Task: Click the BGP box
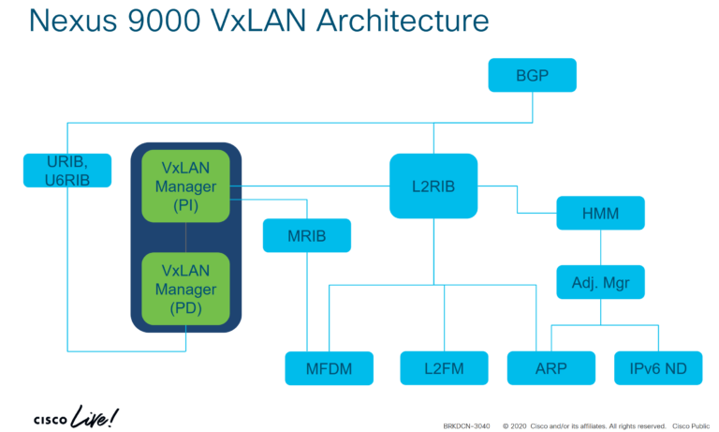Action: tap(532, 75)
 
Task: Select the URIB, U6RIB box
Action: tap(67, 170)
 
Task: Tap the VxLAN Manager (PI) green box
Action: tap(185, 186)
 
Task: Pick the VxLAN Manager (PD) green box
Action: tap(185, 288)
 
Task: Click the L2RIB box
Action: tap(433, 186)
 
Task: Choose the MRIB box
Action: tap(306, 235)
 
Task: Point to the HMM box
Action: tap(600, 214)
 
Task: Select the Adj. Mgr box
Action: tap(600, 281)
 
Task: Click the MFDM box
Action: tap(329, 368)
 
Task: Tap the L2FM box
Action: tap(445, 368)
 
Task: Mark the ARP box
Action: tap(550, 368)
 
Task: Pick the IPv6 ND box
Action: tap(658, 368)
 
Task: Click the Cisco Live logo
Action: tap(76, 416)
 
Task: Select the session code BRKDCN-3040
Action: tap(465, 424)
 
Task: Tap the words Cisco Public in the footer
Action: tap(694, 424)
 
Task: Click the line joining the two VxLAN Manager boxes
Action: tap(185, 237)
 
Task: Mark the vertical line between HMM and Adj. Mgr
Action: tap(600, 247)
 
